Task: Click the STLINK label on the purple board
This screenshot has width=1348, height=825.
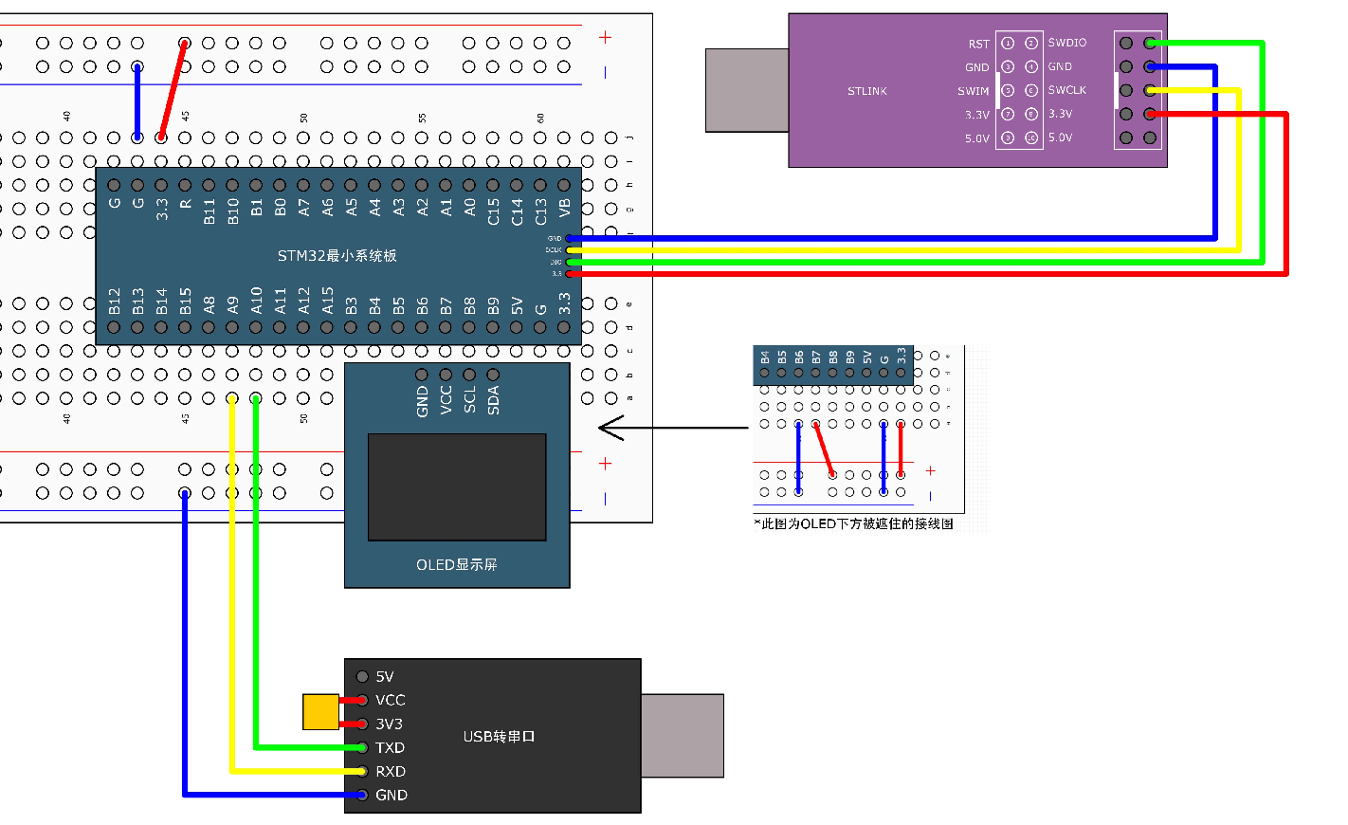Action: [866, 91]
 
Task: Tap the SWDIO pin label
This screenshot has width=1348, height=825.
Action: [1066, 43]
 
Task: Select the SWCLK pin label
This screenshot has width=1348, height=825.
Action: [1066, 90]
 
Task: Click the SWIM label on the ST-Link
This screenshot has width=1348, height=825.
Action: [973, 91]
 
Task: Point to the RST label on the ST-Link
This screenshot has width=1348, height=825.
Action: [978, 44]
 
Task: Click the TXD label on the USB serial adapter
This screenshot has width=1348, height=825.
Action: [390, 748]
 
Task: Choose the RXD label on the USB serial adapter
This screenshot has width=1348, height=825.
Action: [390, 772]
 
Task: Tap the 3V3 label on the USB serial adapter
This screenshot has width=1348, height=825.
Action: [389, 724]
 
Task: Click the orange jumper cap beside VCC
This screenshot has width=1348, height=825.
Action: [320, 712]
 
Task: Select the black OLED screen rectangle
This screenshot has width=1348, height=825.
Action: [457, 487]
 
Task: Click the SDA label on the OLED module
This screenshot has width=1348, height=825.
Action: [493, 400]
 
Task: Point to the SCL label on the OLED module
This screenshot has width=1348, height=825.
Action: [469, 400]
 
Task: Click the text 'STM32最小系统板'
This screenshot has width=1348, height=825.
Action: [337, 256]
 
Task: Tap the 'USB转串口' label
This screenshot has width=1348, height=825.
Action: [499, 737]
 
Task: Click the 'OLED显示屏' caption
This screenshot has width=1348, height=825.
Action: [456, 565]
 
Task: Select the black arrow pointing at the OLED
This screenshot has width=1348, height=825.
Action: [664, 428]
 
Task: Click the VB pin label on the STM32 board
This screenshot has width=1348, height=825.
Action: [564, 208]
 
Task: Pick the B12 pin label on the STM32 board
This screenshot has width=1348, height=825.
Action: [114, 302]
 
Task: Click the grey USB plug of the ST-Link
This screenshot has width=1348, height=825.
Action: [747, 90]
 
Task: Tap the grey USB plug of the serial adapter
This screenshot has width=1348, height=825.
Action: [682, 736]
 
